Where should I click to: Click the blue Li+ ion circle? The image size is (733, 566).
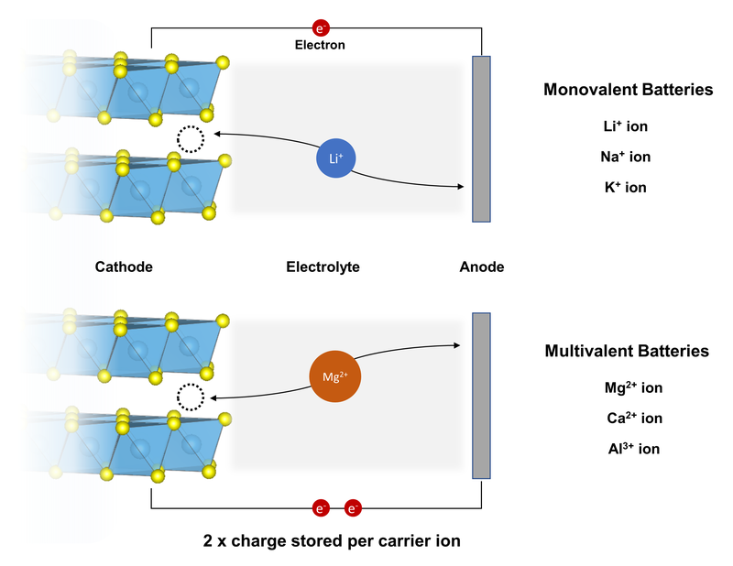coord(335,159)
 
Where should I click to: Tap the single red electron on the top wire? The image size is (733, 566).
coord(321,27)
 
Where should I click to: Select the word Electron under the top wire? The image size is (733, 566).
coord(321,43)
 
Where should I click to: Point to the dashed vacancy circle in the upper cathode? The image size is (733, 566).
coord(191,139)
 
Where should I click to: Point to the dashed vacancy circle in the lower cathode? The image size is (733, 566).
coord(191,397)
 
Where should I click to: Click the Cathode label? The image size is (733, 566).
coord(124,267)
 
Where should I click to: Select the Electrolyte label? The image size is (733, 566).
coord(323,267)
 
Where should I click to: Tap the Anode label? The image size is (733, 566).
coord(482,267)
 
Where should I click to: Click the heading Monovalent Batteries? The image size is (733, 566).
coord(628,90)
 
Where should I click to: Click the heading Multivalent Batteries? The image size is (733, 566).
coord(628,351)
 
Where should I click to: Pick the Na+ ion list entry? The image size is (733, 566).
coord(626,157)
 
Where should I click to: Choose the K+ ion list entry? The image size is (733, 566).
coord(628,188)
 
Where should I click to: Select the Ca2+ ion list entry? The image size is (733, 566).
coord(628,419)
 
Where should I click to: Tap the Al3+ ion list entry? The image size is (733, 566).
coord(628,449)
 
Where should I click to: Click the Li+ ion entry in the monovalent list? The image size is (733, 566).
coord(628,125)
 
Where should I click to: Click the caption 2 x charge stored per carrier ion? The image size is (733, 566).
coord(331,540)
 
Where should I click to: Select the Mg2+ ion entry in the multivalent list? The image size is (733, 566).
coord(628,387)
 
